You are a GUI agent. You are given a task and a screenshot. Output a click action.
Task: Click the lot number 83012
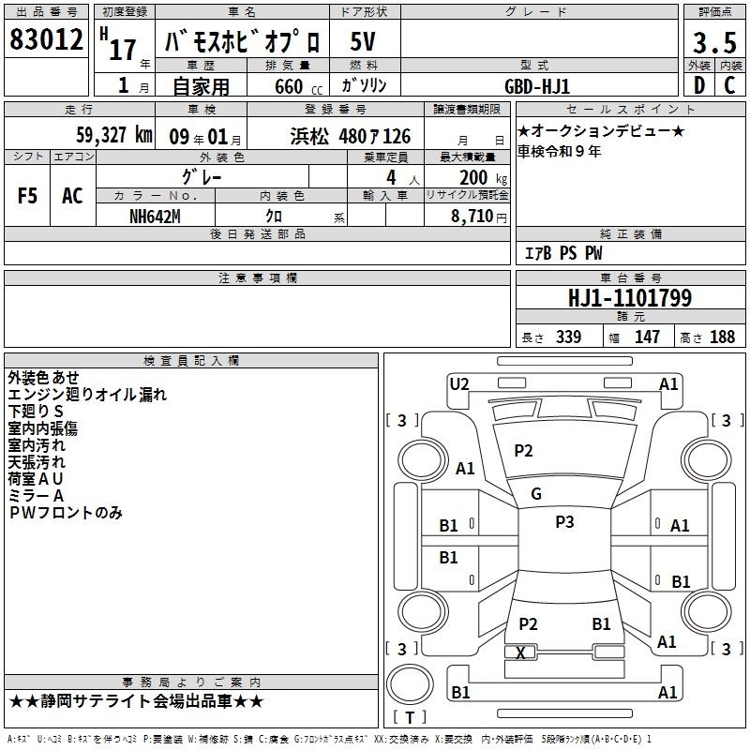tap(46, 39)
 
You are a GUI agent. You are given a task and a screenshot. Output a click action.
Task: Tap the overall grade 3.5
tap(714, 42)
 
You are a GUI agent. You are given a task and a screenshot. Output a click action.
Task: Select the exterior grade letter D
tap(699, 85)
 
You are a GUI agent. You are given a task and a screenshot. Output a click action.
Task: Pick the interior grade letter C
tap(729, 85)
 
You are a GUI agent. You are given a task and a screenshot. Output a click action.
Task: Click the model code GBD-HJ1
tap(537, 86)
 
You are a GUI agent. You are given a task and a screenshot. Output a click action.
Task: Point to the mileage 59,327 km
tap(114, 135)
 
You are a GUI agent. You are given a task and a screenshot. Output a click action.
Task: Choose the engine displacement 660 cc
tap(298, 86)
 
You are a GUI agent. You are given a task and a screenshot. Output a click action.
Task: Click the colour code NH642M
tap(155, 217)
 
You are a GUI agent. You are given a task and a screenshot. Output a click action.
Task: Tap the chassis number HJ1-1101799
tap(629, 297)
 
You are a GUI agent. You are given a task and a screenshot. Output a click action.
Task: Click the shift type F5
tap(27, 196)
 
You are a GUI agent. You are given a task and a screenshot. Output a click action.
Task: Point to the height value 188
tap(722, 337)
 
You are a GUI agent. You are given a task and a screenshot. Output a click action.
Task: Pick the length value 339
tap(568, 337)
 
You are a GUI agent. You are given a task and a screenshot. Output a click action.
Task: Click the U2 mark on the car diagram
tap(459, 384)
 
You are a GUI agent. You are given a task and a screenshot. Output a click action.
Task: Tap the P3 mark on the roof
tap(564, 522)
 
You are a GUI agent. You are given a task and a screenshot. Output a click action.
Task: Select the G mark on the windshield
tap(536, 494)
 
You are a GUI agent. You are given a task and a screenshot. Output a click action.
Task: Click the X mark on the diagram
tap(520, 652)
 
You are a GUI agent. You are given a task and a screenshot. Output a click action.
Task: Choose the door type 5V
tap(363, 41)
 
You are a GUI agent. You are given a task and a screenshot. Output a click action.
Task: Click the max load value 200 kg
tap(483, 177)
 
